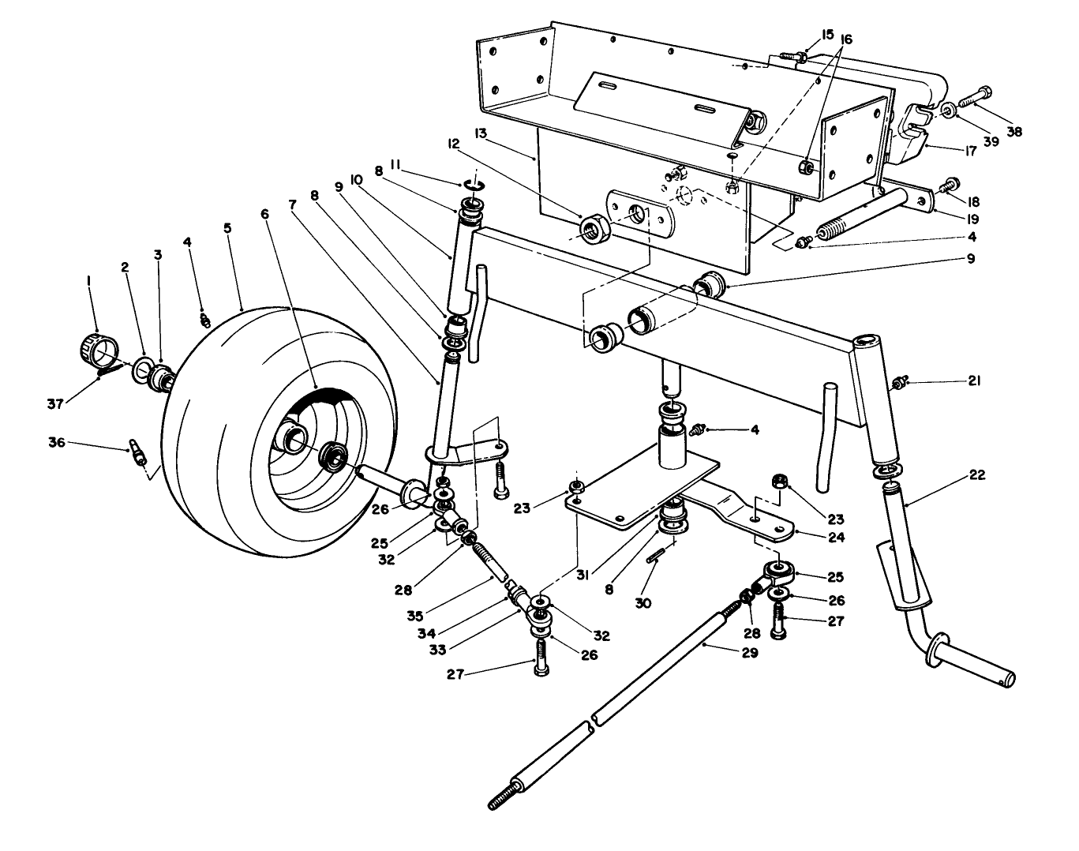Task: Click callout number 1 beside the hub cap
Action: click(x=88, y=281)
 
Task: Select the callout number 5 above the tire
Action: click(x=227, y=228)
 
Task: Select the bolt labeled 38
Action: click(x=975, y=99)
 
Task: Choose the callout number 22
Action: click(x=976, y=476)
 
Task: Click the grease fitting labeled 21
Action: click(x=897, y=384)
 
